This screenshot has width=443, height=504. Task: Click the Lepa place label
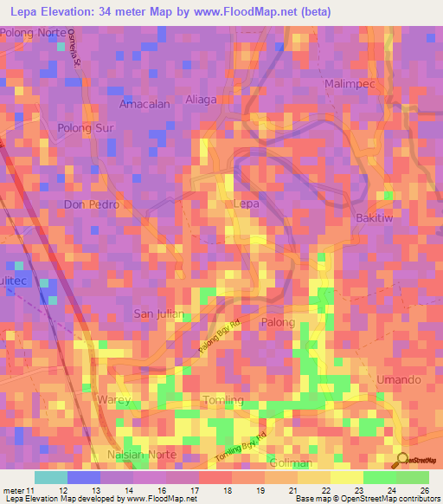(x=247, y=204)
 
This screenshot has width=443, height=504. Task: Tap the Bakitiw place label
(x=375, y=218)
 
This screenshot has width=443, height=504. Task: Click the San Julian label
(x=158, y=313)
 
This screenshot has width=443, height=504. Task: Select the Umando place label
(x=399, y=380)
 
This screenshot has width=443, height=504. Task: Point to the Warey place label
(x=112, y=400)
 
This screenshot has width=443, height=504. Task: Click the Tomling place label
(x=222, y=400)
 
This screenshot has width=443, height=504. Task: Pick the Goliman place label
(x=290, y=463)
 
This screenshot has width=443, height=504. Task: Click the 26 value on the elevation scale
(x=424, y=491)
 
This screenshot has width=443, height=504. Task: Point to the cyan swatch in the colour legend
(x=50, y=477)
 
